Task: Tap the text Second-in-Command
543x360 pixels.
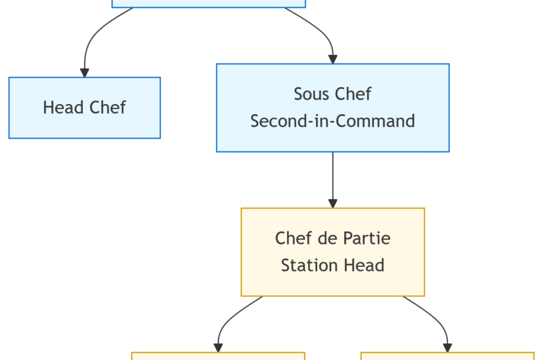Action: (x=333, y=121)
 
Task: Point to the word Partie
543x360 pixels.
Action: (x=367, y=238)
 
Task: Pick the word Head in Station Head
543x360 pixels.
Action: (x=367, y=265)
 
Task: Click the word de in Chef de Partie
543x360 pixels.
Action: (x=328, y=238)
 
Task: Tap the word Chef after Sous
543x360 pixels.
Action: (x=355, y=94)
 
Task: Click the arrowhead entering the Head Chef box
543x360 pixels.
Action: (x=85, y=72)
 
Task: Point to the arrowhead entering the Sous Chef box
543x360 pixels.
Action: (x=333, y=59)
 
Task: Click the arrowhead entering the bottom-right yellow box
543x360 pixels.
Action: (x=447, y=347)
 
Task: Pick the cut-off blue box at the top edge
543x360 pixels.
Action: (x=208, y=3)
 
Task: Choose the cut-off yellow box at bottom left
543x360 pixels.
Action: (x=218, y=356)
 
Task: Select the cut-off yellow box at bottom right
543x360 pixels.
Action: (x=447, y=356)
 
